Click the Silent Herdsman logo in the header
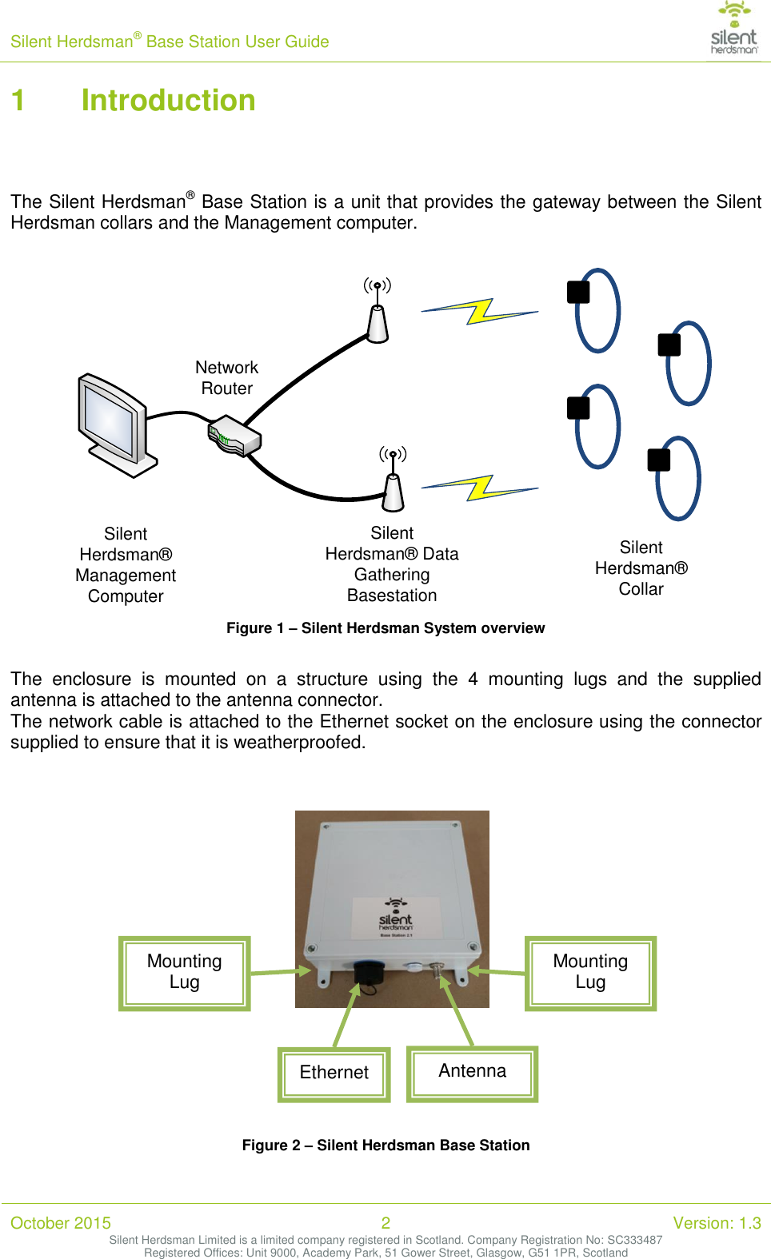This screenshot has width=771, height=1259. pyautogui.click(x=734, y=28)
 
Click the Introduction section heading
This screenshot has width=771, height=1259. pyautogui.click(x=168, y=101)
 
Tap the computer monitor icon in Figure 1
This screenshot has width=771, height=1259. pyautogui.click(x=114, y=424)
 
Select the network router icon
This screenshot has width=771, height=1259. pyautogui.click(x=234, y=436)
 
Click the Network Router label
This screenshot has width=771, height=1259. pyautogui.click(x=227, y=378)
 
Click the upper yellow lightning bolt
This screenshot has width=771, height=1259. pyautogui.click(x=480, y=311)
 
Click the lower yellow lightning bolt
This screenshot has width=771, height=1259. pyautogui.click(x=480, y=487)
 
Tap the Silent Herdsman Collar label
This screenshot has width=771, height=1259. pyautogui.click(x=641, y=568)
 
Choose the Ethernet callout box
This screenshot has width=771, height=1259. pyautogui.click(x=334, y=1073)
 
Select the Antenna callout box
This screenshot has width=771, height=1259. pyautogui.click(x=472, y=1072)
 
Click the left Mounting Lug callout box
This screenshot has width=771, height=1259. pyautogui.click(x=185, y=972)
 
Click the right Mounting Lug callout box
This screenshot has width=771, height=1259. pyautogui.click(x=590, y=972)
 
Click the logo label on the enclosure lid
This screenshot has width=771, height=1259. pyautogui.click(x=396, y=918)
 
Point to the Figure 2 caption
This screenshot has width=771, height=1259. pyautogui.click(x=385, y=1145)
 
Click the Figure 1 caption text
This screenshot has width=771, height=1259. pyautogui.click(x=385, y=628)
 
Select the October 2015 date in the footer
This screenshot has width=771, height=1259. pyautogui.click(x=61, y=1223)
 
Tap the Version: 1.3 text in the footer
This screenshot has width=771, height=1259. pyautogui.click(x=717, y=1223)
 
